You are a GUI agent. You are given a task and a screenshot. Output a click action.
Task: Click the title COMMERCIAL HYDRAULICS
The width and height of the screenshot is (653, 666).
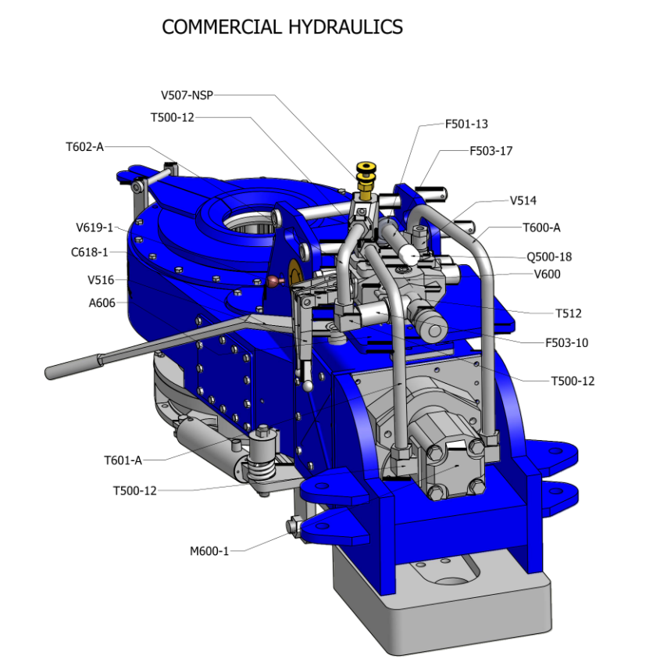click(282, 27)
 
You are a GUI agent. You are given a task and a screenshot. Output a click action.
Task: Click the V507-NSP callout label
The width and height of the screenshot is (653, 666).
click(187, 95)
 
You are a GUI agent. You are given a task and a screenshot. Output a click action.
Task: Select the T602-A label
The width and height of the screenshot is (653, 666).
click(84, 147)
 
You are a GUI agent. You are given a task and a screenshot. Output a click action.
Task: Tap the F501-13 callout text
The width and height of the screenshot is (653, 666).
click(466, 124)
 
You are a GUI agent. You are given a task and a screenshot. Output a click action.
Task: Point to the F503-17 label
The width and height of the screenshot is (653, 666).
click(491, 151)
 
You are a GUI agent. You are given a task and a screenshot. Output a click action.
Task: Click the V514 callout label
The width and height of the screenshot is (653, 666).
click(523, 201)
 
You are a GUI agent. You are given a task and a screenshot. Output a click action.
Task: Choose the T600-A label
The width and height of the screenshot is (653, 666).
click(541, 228)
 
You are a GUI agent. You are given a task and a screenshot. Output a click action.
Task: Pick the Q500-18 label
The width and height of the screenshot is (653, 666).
click(549, 257)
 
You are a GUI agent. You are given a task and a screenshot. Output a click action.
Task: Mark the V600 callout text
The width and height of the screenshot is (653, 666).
click(547, 274)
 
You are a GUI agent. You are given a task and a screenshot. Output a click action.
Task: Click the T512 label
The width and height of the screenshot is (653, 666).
click(568, 313)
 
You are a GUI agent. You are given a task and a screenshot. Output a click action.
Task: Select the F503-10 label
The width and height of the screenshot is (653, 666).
click(566, 342)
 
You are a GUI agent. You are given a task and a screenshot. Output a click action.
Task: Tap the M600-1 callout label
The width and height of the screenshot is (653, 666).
click(209, 551)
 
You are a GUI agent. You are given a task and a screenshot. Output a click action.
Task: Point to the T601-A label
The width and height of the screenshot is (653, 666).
click(123, 460)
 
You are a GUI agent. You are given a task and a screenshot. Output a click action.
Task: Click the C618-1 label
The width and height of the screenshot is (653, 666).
click(90, 252)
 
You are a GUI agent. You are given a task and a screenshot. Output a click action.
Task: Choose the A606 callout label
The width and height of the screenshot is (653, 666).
click(102, 303)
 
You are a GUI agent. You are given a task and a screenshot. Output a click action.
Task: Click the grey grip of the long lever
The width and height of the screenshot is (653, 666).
click(73, 367)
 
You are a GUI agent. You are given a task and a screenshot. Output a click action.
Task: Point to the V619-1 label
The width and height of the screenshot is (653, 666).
click(95, 227)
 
